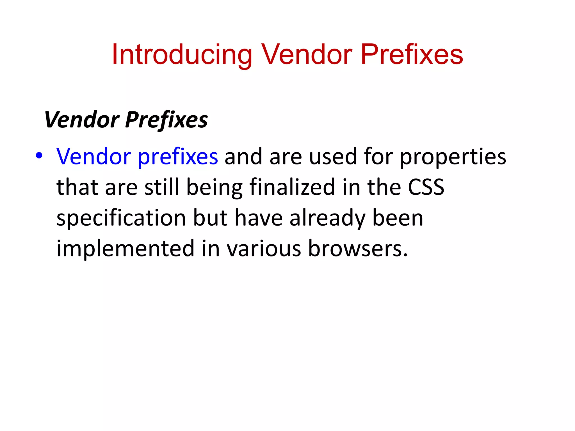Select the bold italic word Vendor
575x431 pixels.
[82, 120]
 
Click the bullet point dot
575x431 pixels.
[39, 156]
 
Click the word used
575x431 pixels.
[333, 157]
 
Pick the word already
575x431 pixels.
[327, 218]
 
